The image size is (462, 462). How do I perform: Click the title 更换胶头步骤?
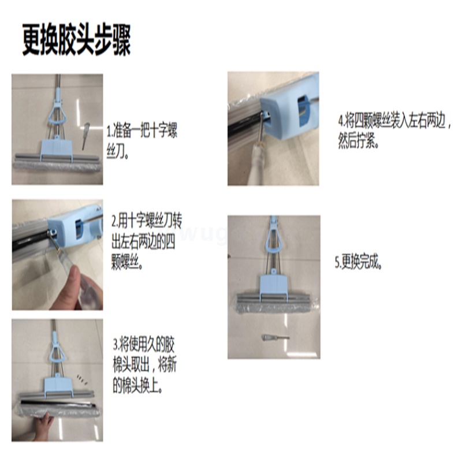point(76,40)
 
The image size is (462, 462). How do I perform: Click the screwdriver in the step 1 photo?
point(85,136)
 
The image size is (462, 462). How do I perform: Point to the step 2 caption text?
point(147,241)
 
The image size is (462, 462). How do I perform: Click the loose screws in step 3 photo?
point(82,380)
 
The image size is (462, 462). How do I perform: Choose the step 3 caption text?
point(145,366)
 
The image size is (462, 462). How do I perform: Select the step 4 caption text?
point(394,131)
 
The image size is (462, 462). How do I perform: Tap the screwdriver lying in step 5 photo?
point(275,337)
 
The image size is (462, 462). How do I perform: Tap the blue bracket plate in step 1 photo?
point(56,150)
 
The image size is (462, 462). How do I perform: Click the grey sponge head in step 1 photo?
point(57,166)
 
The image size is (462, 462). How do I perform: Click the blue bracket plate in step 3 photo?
point(58,386)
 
